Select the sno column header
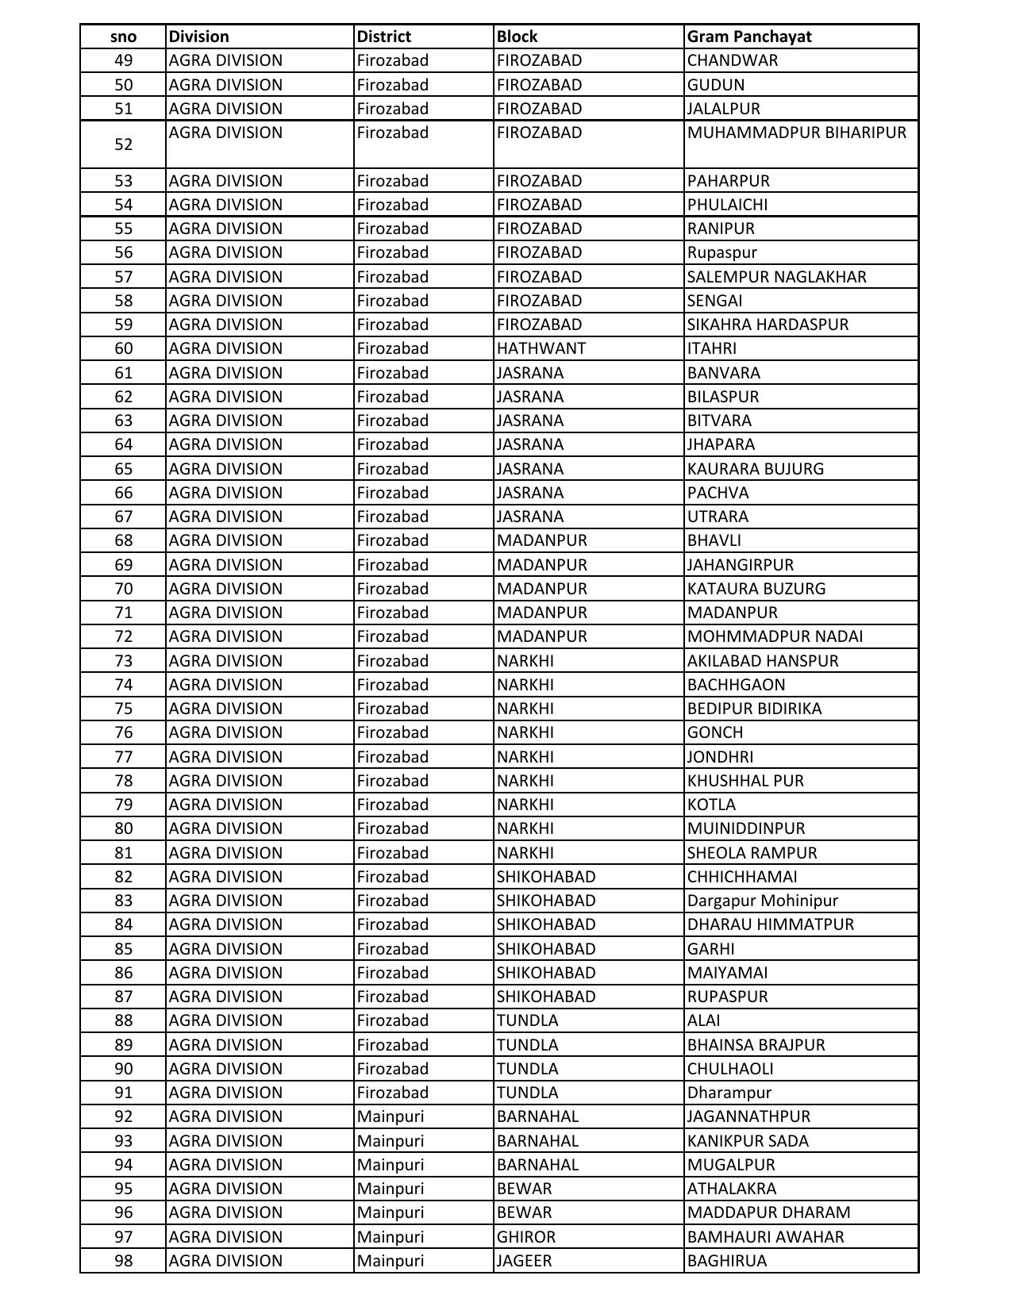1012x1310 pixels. [123, 36]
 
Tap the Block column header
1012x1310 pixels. [518, 36]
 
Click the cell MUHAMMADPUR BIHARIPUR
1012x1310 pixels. [796, 133]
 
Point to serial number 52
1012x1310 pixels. [123, 144]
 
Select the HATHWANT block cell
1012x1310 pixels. [541, 348]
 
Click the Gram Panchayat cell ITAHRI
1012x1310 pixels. [712, 348]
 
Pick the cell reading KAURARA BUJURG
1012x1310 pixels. [756, 469]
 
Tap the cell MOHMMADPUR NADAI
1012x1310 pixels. [775, 636]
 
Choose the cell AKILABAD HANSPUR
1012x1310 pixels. [763, 661]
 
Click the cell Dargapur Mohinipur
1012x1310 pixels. [763, 901]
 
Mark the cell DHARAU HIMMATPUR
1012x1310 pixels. [771, 924]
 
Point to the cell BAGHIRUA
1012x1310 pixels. [727, 1261]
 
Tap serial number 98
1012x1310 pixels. [123, 1261]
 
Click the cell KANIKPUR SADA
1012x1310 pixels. [748, 1141]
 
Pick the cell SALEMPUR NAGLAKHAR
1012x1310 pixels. [777, 277]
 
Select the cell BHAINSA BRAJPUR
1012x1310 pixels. [756, 1045]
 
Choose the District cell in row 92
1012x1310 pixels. [391, 1116]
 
